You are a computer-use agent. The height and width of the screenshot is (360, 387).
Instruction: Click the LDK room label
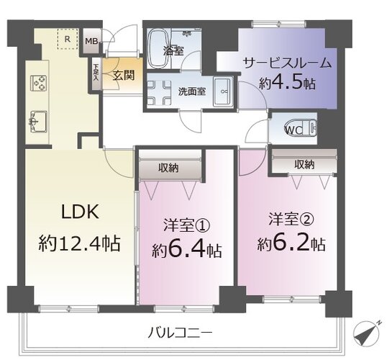(80, 212)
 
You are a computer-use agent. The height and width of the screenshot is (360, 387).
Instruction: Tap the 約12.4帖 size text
(79, 243)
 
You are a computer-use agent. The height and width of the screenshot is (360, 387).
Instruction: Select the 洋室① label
(186, 225)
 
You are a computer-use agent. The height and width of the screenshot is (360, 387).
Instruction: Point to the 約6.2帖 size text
(291, 243)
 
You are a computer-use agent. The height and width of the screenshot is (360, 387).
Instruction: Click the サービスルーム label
(287, 63)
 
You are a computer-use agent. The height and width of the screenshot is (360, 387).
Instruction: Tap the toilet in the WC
(301, 128)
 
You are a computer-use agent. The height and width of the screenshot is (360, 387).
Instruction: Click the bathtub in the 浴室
(159, 48)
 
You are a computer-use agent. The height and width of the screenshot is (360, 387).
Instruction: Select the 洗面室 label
(192, 92)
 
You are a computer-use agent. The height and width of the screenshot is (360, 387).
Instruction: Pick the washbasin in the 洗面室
(223, 91)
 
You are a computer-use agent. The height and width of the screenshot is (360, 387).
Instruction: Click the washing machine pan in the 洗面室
(159, 91)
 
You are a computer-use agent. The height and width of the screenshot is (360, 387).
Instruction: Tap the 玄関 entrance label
(124, 75)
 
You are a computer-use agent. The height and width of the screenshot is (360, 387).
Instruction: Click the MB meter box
(91, 41)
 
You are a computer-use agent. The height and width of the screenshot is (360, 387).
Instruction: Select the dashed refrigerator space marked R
(68, 39)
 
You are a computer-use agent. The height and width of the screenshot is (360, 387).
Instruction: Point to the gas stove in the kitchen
(39, 83)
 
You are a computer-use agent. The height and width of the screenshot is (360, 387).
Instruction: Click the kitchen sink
(38, 122)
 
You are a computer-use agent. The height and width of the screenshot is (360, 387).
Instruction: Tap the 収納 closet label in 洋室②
(304, 164)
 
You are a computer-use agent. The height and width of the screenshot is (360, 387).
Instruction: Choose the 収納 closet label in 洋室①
(168, 168)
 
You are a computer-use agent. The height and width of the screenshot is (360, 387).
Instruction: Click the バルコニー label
(180, 333)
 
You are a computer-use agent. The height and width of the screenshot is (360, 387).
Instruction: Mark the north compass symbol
(366, 333)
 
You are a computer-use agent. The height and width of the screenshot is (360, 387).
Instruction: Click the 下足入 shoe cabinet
(96, 73)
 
